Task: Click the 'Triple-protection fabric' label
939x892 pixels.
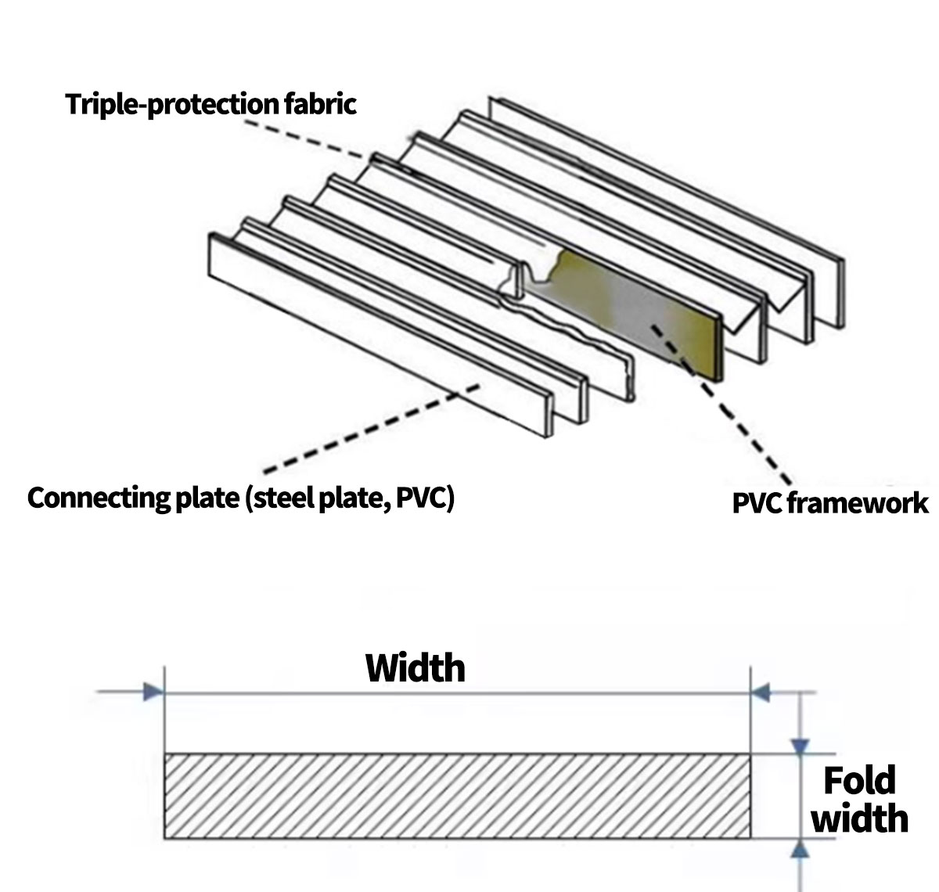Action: [210, 103]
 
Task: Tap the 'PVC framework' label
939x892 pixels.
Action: [829, 502]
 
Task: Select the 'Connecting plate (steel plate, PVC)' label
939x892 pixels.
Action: [241, 498]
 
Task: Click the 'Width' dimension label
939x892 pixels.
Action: [416, 668]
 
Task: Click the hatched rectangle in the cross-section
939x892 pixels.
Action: [457, 796]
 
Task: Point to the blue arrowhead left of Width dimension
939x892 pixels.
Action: [153, 692]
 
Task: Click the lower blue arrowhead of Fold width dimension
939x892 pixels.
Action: [799, 850]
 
